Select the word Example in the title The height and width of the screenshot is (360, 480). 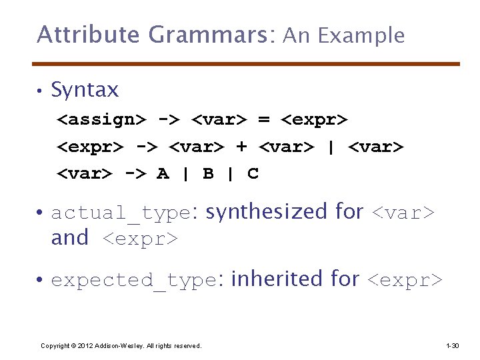pyautogui.click(x=361, y=35)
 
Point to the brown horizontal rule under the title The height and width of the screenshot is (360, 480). pyautogui.click(x=247, y=64)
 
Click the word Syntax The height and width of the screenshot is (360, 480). pyautogui.click(x=85, y=90)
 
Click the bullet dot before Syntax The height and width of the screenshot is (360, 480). pyautogui.click(x=40, y=91)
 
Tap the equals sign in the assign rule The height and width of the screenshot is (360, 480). pyautogui.click(x=263, y=120)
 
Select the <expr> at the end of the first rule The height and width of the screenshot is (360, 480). pyautogui.click(x=314, y=120)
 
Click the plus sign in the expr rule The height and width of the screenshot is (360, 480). pyautogui.click(x=241, y=147)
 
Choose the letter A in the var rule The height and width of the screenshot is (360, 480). pyautogui.click(x=163, y=174)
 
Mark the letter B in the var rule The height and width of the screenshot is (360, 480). pyautogui.click(x=208, y=174)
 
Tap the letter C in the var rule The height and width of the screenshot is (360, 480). pyautogui.click(x=253, y=174)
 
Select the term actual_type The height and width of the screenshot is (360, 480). pyautogui.click(x=121, y=213)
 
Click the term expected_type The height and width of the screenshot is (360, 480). pyautogui.click(x=133, y=281)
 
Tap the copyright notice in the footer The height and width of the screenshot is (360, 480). pyautogui.click(x=121, y=345)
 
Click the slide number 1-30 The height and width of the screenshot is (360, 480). pyautogui.click(x=452, y=345)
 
